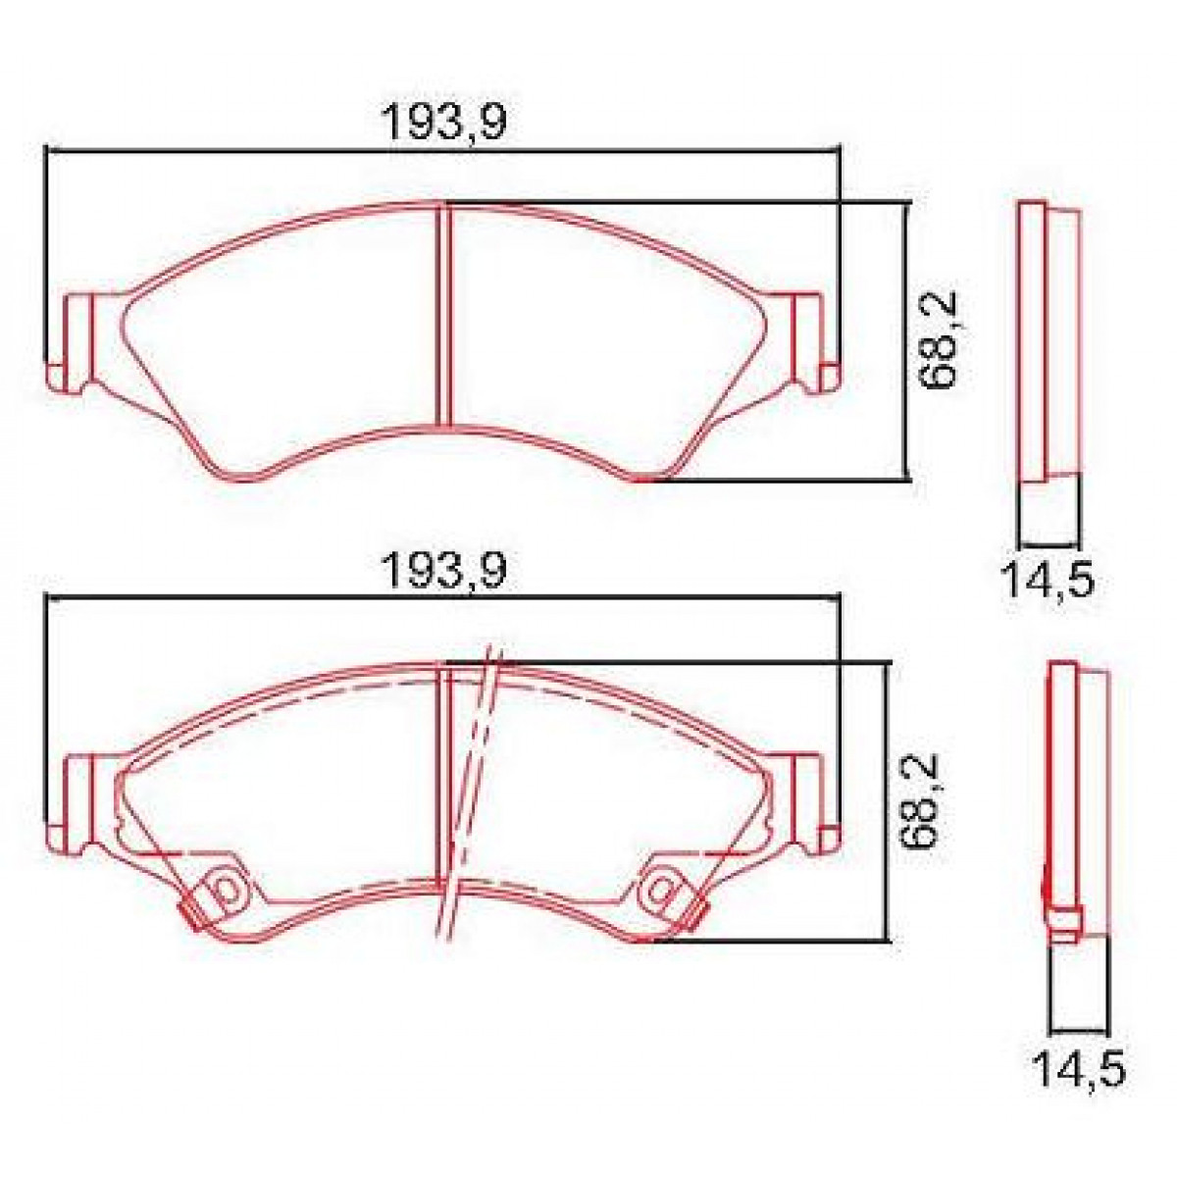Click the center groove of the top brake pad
tap(442, 314)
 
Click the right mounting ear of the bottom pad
tap(809, 799)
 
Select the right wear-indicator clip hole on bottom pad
tap(662, 890)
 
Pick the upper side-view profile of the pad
tap(1048, 343)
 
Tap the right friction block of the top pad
tap(598, 333)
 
